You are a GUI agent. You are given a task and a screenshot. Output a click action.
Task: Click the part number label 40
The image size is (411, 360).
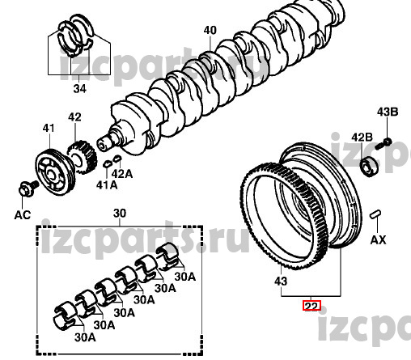pyautogui.click(x=210, y=30)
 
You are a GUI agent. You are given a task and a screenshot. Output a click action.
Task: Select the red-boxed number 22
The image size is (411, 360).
pyautogui.click(x=311, y=306)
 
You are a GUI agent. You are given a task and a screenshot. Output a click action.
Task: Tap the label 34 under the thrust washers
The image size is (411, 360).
pyautogui.click(x=79, y=88)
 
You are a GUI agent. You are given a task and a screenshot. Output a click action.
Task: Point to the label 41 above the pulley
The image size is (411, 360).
pyautogui.click(x=49, y=128)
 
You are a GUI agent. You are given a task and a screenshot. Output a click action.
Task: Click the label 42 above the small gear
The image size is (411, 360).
pyautogui.click(x=74, y=117)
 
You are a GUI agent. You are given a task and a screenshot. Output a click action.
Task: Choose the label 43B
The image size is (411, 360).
pyautogui.click(x=388, y=112)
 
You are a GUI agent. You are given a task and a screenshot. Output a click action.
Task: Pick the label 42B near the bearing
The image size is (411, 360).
pyautogui.click(x=362, y=138)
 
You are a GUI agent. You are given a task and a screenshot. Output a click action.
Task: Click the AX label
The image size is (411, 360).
pyautogui.click(x=378, y=239)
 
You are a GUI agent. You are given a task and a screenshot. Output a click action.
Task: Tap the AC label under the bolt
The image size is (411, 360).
pyautogui.click(x=23, y=215)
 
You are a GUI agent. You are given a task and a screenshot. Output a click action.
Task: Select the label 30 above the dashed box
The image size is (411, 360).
pyautogui.click(x=120, y=214)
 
